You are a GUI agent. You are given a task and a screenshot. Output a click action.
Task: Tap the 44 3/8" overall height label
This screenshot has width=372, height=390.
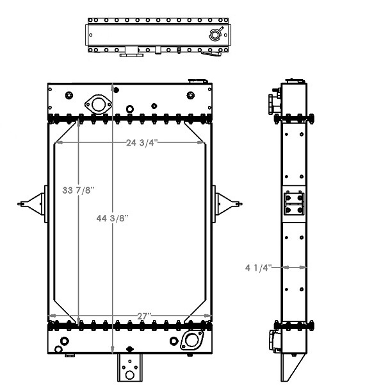[x=113, y=218]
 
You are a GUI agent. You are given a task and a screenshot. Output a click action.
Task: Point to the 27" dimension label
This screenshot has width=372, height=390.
[x=144, y=316]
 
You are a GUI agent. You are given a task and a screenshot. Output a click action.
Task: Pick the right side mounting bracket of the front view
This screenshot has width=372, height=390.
[x=225, y=203]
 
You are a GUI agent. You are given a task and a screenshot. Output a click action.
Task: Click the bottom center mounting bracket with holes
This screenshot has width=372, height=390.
[x=129, y=368]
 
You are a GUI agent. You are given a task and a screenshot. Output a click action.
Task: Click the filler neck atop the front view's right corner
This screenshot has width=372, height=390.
[x=195, y=80]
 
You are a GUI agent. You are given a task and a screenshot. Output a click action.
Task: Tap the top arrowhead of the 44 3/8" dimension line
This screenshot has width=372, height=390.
[x=113, y=85]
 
